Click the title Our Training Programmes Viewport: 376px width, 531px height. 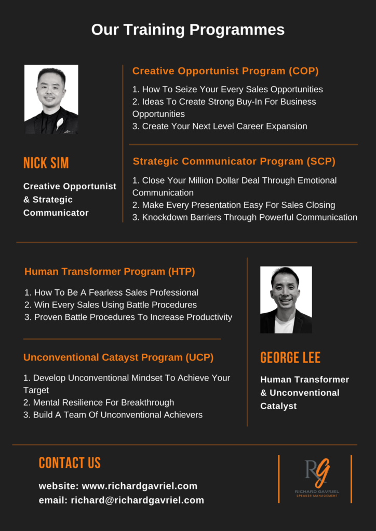pos(188,30)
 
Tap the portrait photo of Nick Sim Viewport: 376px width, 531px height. pos(51,99)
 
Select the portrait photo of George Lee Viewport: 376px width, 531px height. pos(286,300)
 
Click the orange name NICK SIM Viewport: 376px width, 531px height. pos(46,163)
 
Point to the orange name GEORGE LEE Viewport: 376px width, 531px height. pos(290,358)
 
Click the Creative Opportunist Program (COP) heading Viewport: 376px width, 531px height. pos(225,71)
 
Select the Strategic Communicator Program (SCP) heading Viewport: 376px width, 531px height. pos(234,161)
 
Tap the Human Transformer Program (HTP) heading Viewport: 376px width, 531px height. pos(110,272)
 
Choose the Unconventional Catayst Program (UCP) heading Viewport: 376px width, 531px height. pos(118,358)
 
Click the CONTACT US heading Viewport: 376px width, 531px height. pos(70,463)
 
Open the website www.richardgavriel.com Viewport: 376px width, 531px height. pos(140,486)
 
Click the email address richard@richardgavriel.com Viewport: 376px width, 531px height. pos(137,500)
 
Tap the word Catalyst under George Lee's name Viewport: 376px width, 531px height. pos(278,406)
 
